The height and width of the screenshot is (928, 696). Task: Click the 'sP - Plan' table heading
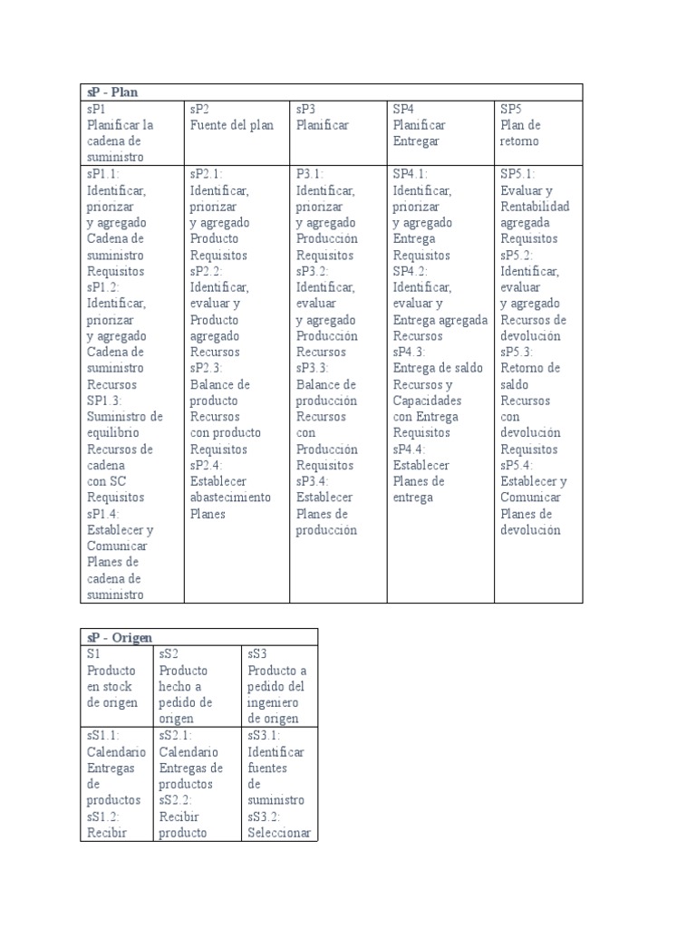coord(112,92)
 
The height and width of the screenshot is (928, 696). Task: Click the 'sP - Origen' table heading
coord(120,637)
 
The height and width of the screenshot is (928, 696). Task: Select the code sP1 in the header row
coord(97,109)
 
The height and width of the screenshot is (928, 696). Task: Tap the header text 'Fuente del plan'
coord(231,125)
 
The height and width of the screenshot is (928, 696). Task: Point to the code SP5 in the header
coord(513,109)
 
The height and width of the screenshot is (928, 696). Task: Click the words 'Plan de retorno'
coord(520,133)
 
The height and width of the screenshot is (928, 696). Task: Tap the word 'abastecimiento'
coord(230,498)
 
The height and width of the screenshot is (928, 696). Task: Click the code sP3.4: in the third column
coord(313,481)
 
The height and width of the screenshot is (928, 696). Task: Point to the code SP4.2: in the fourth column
coord(411,271)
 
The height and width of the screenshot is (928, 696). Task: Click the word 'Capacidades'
coord(428,401)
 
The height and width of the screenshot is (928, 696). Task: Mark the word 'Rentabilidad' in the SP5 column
coord(535,207)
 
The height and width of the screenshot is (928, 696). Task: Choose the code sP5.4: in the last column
coord(517,465)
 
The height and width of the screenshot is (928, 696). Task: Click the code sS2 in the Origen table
coord(169,653)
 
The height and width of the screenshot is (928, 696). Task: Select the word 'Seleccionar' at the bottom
coord(279,833)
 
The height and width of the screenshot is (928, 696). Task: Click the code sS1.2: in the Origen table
coord(105,817)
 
